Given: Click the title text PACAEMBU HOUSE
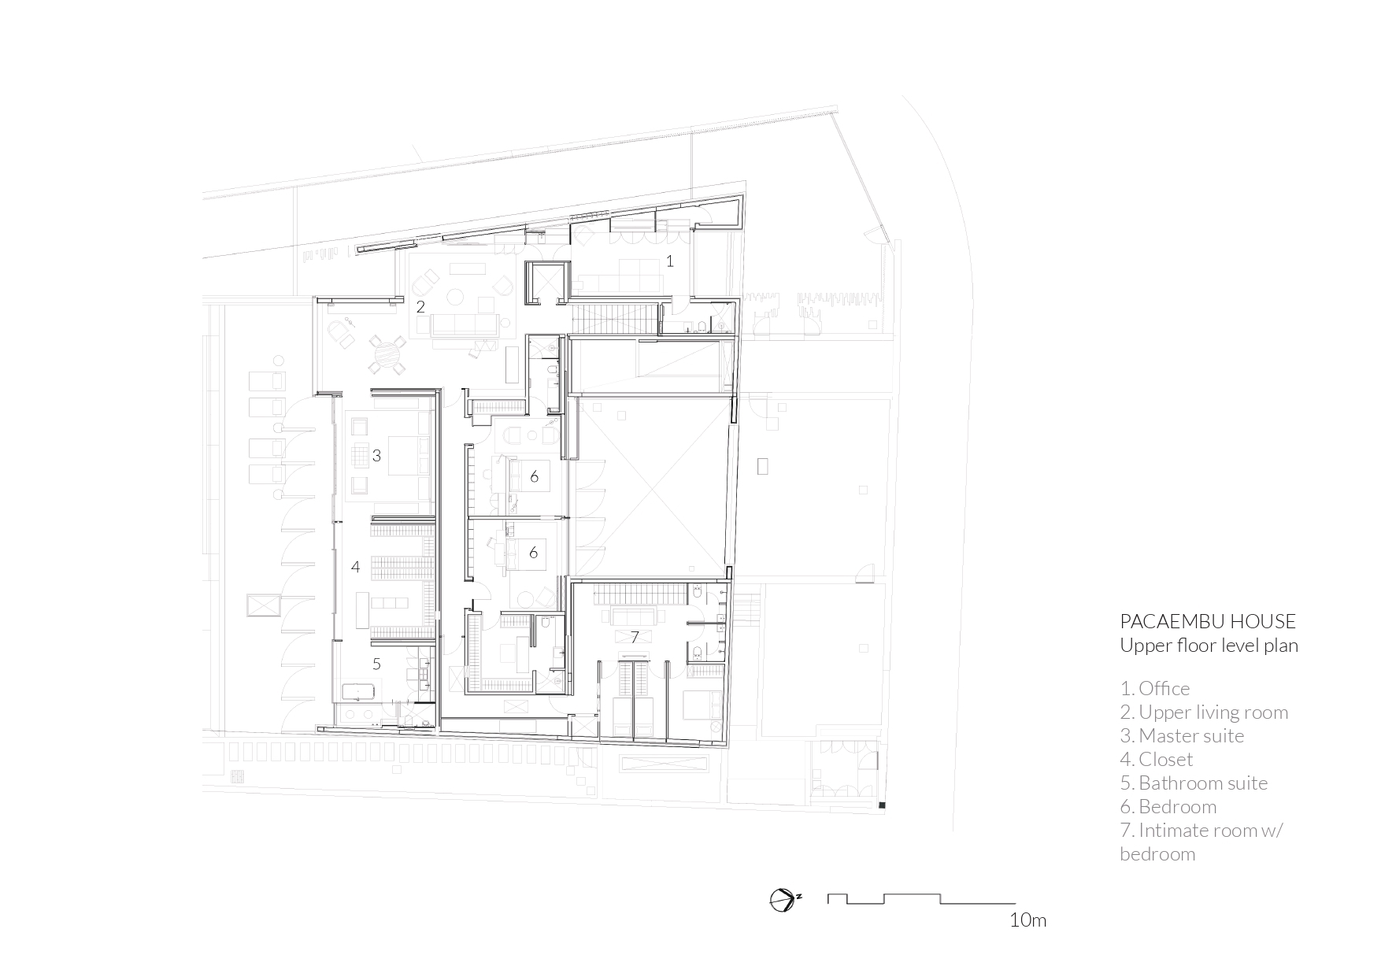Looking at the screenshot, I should [1207, 621].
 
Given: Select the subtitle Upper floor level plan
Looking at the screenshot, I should [1209, 646].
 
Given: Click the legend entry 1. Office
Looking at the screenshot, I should [1154, 688].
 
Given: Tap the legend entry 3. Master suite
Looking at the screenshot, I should [1182, 735].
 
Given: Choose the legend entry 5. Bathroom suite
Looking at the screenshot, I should [1194, 783].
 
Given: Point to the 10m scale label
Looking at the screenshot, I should [1027, 920].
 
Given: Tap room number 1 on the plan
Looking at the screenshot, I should [670, 261].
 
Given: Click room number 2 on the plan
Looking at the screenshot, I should [420, 306].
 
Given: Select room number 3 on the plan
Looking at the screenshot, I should [376, 455].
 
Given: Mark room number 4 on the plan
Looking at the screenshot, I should [355, 566].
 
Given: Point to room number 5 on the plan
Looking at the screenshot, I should [376, 664].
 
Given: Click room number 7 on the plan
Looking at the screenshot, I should [635, 636].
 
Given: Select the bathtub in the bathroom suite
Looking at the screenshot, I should [361, 693].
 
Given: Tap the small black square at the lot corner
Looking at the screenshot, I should [882, 805].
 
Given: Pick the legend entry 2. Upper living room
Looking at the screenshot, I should [1204, 712].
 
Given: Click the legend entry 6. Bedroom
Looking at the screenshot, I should [1168, 806].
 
